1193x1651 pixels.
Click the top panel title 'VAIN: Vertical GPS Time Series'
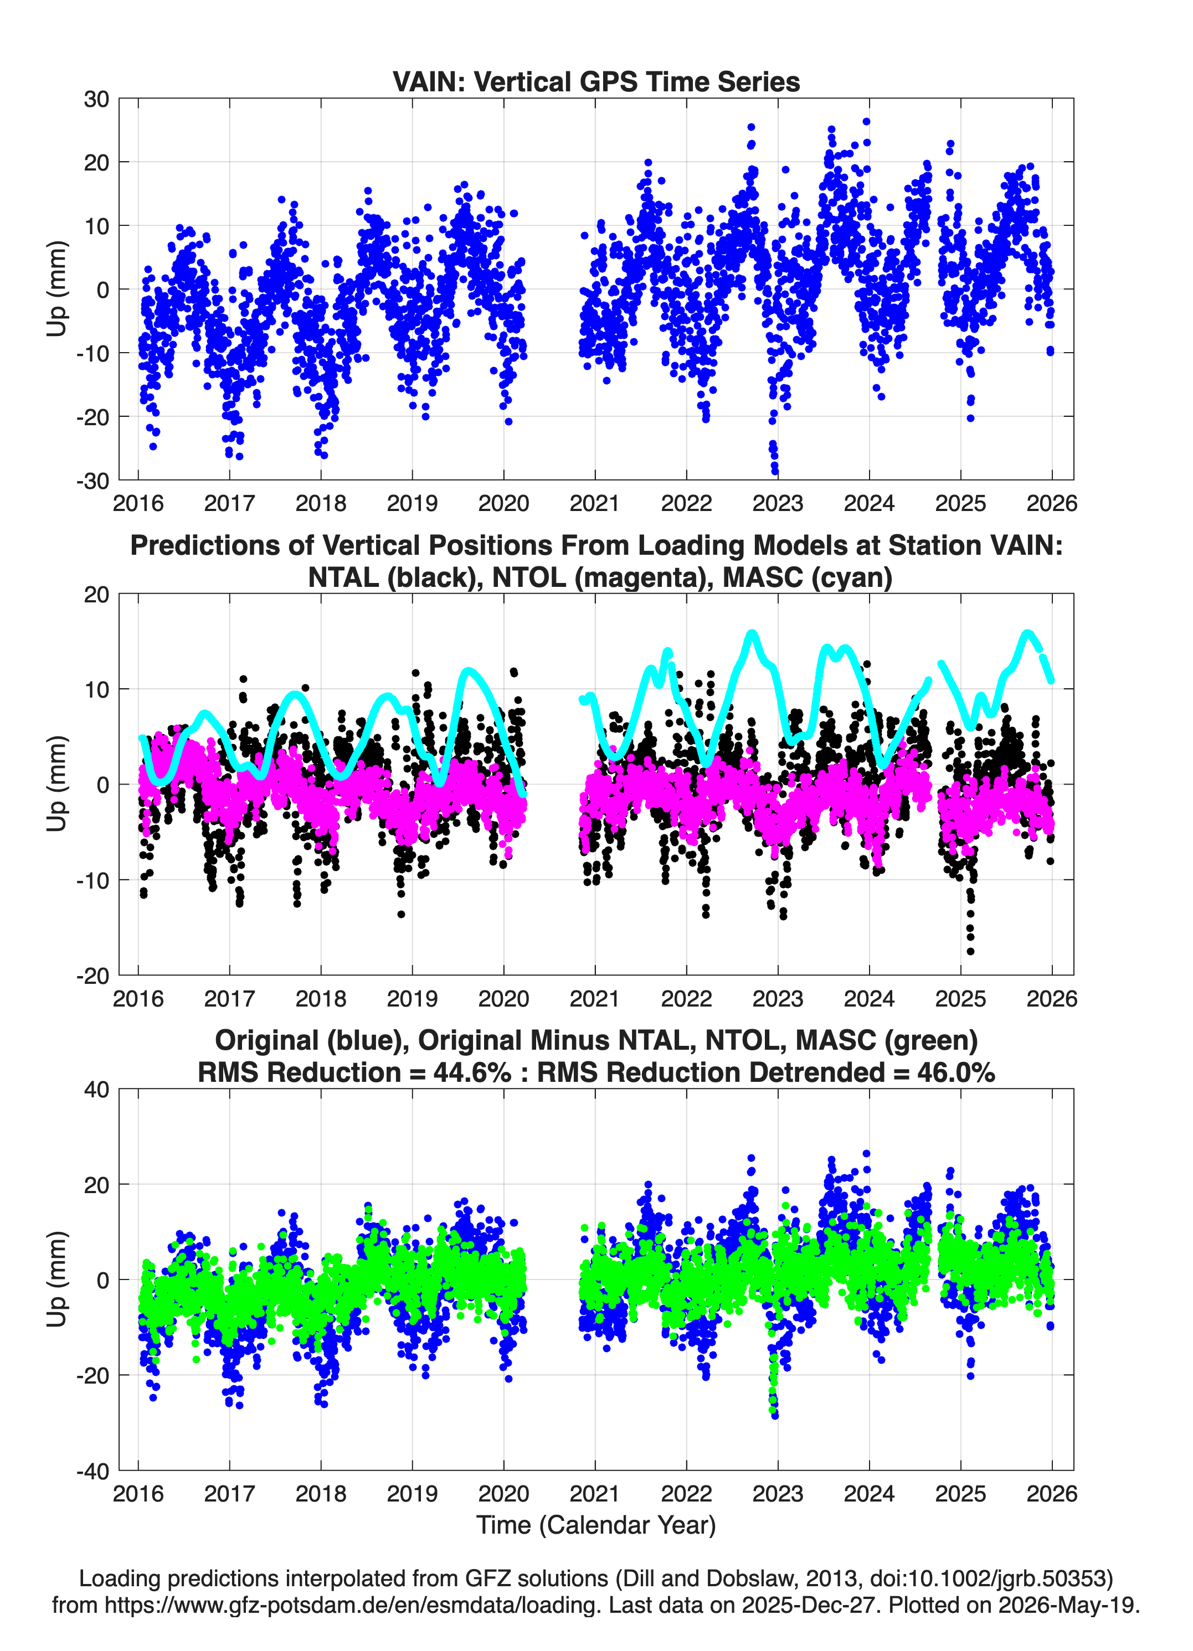click(x=596, y=81)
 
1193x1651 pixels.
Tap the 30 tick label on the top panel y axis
click(x=96, y=99)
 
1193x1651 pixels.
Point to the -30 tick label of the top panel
click(x=92, y=481)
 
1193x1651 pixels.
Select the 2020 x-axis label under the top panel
click(x=503, y=503)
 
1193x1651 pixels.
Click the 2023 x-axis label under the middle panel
click(x=778, y=999)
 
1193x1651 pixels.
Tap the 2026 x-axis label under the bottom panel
click(x=1052, y=1494)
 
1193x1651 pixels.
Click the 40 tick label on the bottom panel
click(x=96, y=1090)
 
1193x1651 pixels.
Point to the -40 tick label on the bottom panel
click(x=92, y=1471)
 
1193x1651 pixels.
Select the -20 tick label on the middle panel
click(x=92, y=976)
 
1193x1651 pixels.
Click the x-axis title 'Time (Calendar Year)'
click(x=596, y=1525)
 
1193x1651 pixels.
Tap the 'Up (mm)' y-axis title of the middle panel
click(x=57, y=784)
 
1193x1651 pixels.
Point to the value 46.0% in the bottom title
click(x=957, y=1072)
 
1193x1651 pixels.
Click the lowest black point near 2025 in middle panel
click(x=970, y=951)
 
